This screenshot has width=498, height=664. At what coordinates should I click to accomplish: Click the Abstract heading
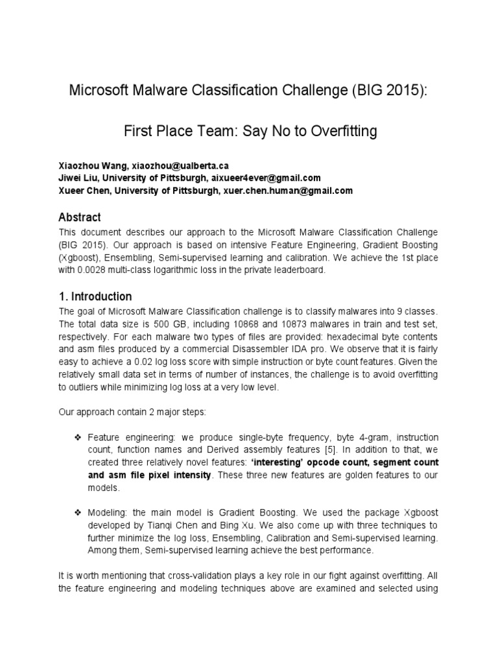click(80, 217)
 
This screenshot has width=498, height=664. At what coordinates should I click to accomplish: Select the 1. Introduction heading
click(95, 296)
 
